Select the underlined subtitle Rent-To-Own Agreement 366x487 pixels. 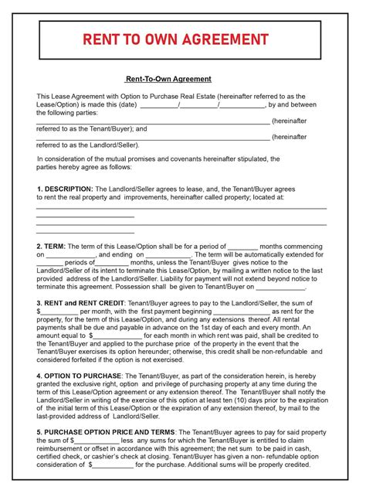click(168, 80)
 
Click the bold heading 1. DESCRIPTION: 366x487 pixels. click(64, 189)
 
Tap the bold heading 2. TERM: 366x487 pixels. click(51, 246)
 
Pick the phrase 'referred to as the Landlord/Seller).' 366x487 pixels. click(88, 145)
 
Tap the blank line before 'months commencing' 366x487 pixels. click(248, 246)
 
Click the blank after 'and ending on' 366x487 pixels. click(168, 254)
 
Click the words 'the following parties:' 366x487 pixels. click(66, 113)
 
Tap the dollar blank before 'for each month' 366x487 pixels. click(117, 335)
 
